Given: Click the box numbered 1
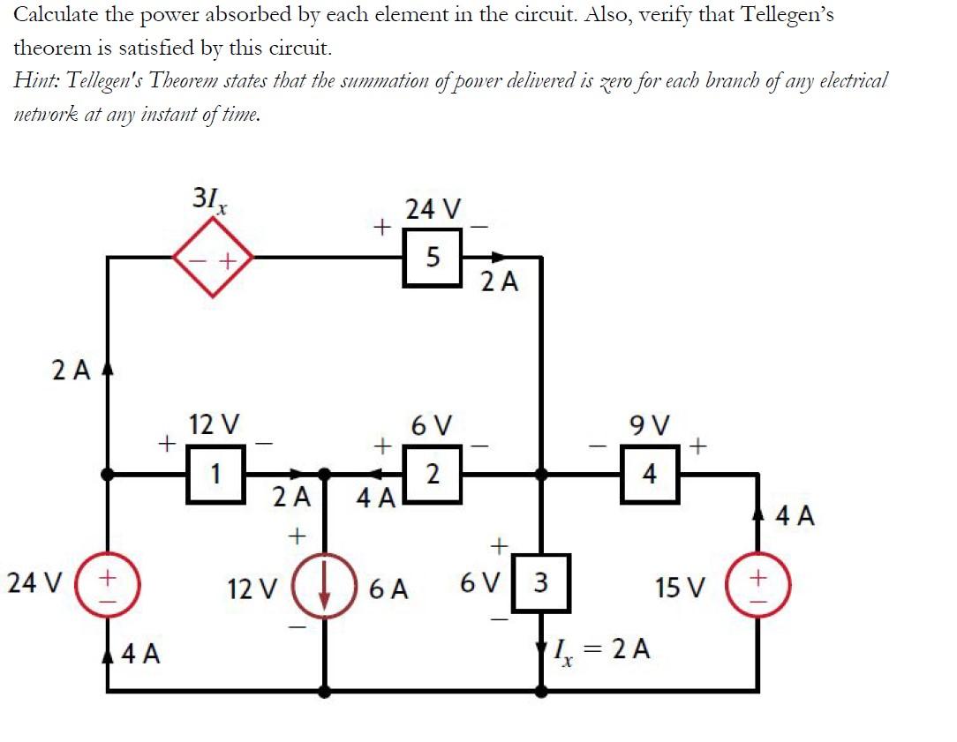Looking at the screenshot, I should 215,475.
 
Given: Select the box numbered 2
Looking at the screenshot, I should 433,475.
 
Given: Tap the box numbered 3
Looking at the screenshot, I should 540,583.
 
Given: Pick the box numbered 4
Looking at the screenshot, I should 649,475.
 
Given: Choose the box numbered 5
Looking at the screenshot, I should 433,258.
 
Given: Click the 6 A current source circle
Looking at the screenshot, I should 325,585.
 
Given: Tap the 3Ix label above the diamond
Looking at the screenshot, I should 210,201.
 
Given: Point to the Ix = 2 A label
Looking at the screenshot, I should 602,651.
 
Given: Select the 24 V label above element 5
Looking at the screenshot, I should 432,210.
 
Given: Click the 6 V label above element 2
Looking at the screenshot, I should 432,426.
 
